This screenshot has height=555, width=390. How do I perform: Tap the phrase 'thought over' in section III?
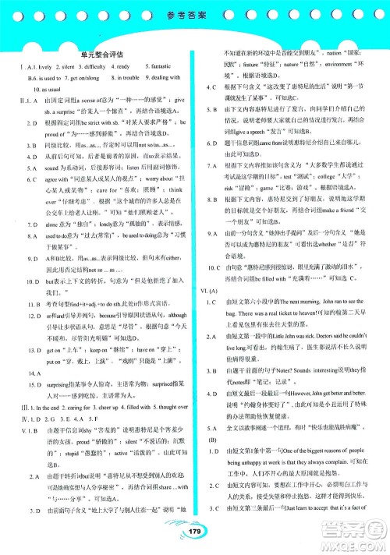click(x=165, y=385)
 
